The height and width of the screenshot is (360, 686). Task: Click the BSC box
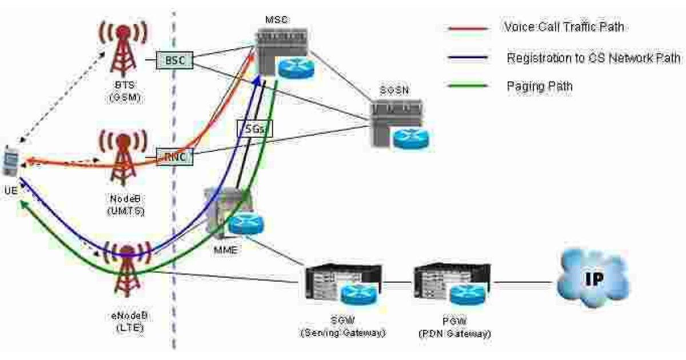pyautogui.click(x=174, y=59)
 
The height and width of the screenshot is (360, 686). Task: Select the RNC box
pyautogui.click(x=174, y=155)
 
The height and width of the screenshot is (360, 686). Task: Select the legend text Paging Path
pyautogui.click(x=539, y=86)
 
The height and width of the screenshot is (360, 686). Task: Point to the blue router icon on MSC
pyautogui.click(x=296, y=68)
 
